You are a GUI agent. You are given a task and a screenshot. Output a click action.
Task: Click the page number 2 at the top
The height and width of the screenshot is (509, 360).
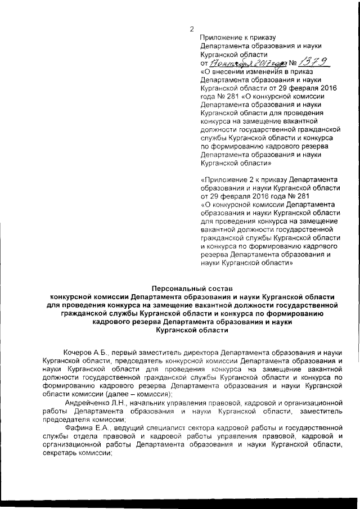tap(192, 29)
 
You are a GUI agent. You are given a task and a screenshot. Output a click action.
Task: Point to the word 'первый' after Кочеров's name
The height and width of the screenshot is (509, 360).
tap(123, 350)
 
